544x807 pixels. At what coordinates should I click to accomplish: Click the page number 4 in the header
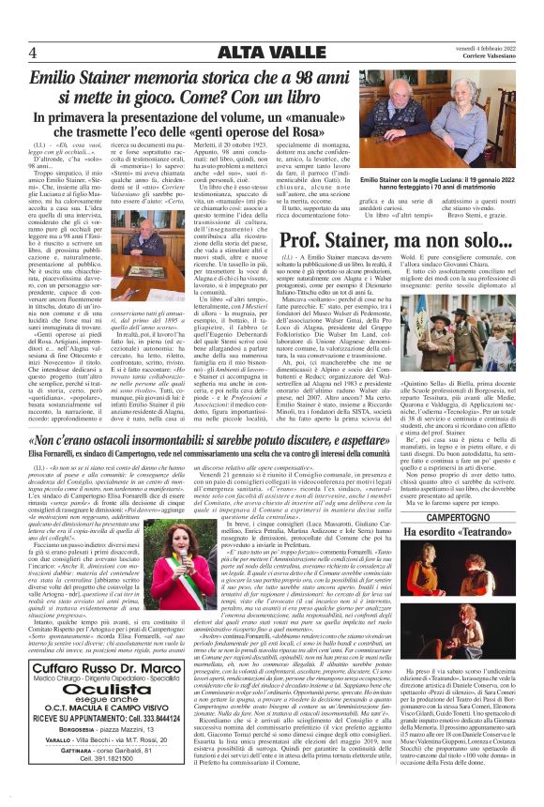click(32, 51)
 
